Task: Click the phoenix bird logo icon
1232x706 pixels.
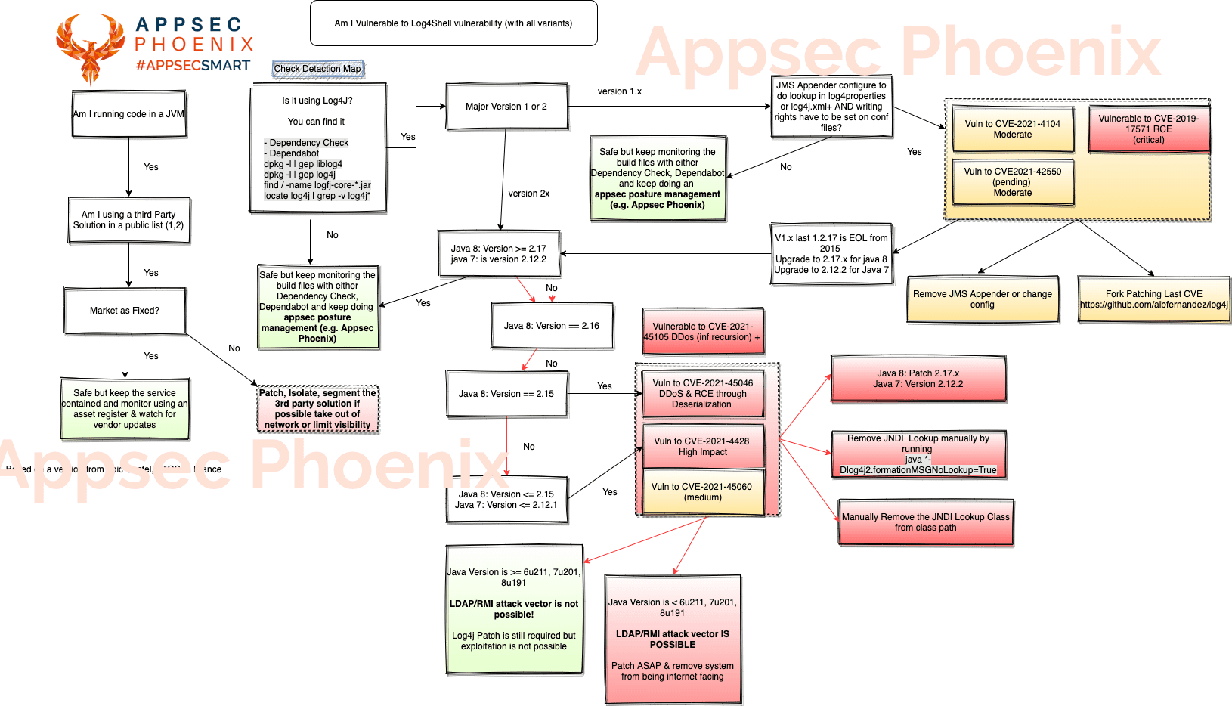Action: [90, 48]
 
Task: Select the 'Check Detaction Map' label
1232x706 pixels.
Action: [317, 69]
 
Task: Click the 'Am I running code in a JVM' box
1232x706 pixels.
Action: [128, 114]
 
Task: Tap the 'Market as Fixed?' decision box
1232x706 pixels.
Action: [125, 311]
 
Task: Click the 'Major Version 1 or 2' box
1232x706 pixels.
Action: [506, 107]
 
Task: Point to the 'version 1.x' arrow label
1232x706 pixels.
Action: [619, 91]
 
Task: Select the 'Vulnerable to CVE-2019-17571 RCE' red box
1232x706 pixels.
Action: [1148, 129]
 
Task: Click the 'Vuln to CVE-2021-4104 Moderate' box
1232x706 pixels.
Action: [1012, 129]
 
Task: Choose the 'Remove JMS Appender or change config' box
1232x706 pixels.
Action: [982, 299]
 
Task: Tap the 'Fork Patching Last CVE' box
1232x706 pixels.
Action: [1153, 299]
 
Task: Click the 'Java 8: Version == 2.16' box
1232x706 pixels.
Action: [551, 326]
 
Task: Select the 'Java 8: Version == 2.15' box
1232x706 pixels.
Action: [506, 394]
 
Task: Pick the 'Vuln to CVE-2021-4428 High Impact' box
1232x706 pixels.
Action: [701, 447]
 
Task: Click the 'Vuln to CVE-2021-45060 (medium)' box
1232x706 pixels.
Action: [701, 492]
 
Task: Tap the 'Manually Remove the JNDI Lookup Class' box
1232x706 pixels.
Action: [925, 522]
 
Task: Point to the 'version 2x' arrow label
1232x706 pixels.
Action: [528, 194]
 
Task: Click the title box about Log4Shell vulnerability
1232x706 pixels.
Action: [453, 23]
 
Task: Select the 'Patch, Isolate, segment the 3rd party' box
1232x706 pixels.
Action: [317, 409]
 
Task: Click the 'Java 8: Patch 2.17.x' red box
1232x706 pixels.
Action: [918, 379]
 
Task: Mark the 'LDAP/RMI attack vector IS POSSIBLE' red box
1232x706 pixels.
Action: [672, 639]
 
